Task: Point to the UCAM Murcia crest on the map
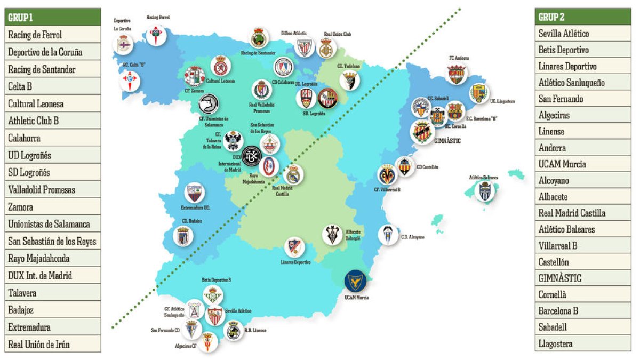click(355, 281)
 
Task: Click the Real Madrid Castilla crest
click(293, 174)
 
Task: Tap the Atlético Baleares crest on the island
click(485, 191)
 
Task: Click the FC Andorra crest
click(457, 74)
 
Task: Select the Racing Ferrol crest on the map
click(157, 35)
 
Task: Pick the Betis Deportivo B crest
click(213, 295)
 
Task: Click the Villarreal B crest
click(388, 174)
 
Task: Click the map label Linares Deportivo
click(295, 262)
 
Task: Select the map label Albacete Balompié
click(354, 235)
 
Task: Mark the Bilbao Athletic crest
click(305, 47)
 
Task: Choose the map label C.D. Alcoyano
click(413, 237)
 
